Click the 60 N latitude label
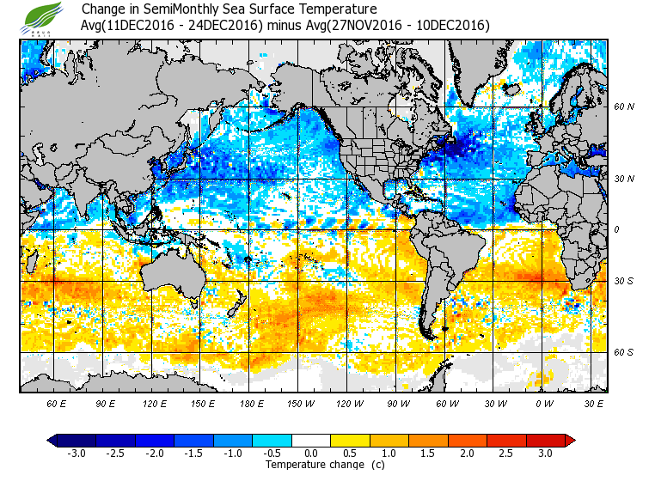point(623,107)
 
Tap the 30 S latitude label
point(623,281)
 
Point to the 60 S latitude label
point(623,352)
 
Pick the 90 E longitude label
point(105,404)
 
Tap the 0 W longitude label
point(543,404)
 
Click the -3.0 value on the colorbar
point(77,454)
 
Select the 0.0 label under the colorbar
point(311,454)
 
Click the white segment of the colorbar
point(311,441)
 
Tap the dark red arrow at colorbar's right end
point(570,441)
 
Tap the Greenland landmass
point(481,64)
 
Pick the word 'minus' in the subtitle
point(285,25)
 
